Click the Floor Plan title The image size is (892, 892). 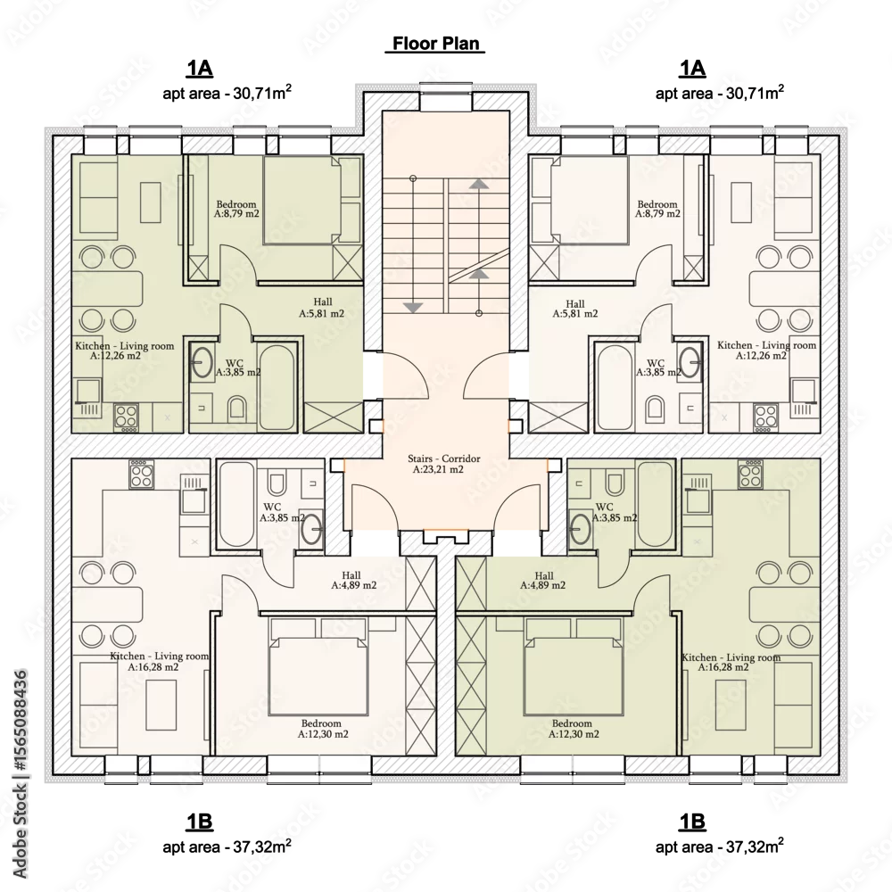(x=436, y=44)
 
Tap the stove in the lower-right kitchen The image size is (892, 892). (x=750, y=474)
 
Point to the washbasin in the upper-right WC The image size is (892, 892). (x=690, y=362)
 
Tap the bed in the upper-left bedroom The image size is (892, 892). (x=311, y=200)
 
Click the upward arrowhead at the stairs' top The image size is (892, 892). (x=479, y=184)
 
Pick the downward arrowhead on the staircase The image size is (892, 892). (x=412, y=308)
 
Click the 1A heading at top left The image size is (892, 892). (x=199, y=69)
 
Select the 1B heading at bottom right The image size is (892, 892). (x=692, y=822)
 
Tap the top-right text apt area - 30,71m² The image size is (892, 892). (x=720, y=92)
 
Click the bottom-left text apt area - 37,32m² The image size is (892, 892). (x=227, y=846)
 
